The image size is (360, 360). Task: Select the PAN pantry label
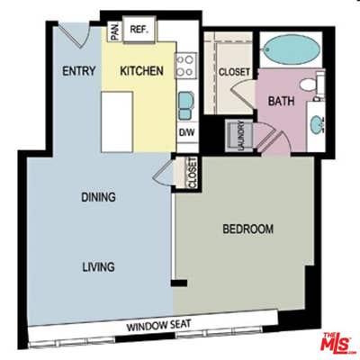coord(114,31)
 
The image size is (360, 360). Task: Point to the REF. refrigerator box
coord(139,30)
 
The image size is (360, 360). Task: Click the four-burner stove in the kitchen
coord(185,64)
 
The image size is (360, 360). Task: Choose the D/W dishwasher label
coord(186,133)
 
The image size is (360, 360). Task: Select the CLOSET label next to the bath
coord(234,71)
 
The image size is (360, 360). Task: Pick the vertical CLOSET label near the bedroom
coord(192,173)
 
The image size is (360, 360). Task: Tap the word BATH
coord(282,101)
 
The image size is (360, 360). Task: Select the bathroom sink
coord(316,122)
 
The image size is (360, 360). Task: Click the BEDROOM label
coord(247,229)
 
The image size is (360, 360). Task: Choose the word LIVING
coord(96,267)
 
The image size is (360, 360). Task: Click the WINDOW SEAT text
coord(165,326)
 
